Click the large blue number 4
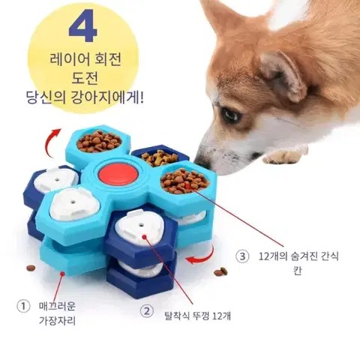point(82,25)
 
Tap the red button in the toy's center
point(118,173)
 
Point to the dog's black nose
point(202,162)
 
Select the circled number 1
point(23,306)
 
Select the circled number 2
point(146,311)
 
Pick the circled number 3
point(242,256)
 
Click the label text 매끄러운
point(57,306)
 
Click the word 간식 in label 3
point(328,256)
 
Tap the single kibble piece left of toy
point(31,268)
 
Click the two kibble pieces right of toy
point(221,271)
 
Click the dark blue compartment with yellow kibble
point(160,156)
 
